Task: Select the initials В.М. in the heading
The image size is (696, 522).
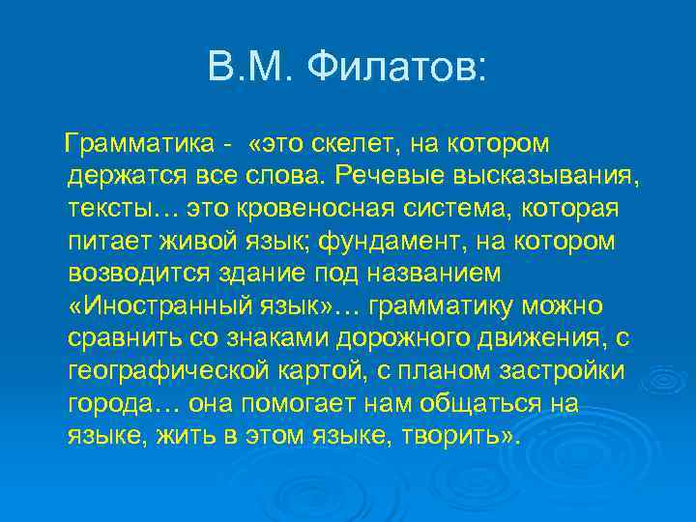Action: pos(251,67)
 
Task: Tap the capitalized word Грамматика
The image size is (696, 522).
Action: pos(139,144)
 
